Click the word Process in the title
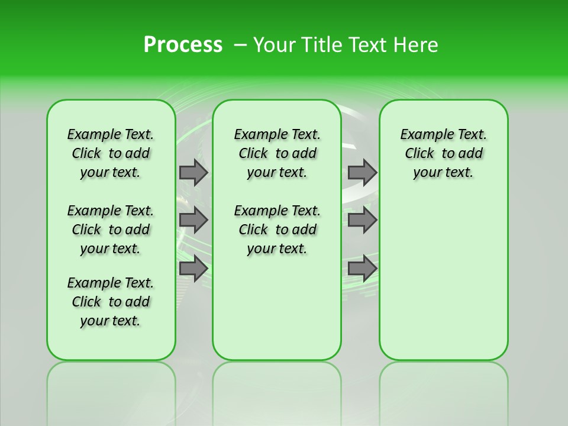[x=183, y=45]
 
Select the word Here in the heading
[x=417, y=45]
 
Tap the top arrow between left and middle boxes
[x=193, y=172]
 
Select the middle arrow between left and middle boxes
[x=193, y=220]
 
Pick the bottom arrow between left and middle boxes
[x=193, y=269]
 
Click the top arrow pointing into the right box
[x=362, y=172]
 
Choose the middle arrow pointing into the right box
[x=362, y=220]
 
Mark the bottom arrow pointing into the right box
[x=362, y=269]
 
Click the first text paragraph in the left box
[x=111, y=153]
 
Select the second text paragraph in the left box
[x=111, y=230]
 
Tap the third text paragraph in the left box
[x=111, y=302]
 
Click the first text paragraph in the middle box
[x=277, y=153]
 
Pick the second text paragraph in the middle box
[x=277, y=230]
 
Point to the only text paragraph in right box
[x=443, y=153]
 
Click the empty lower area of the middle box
[x=277, y=308]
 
